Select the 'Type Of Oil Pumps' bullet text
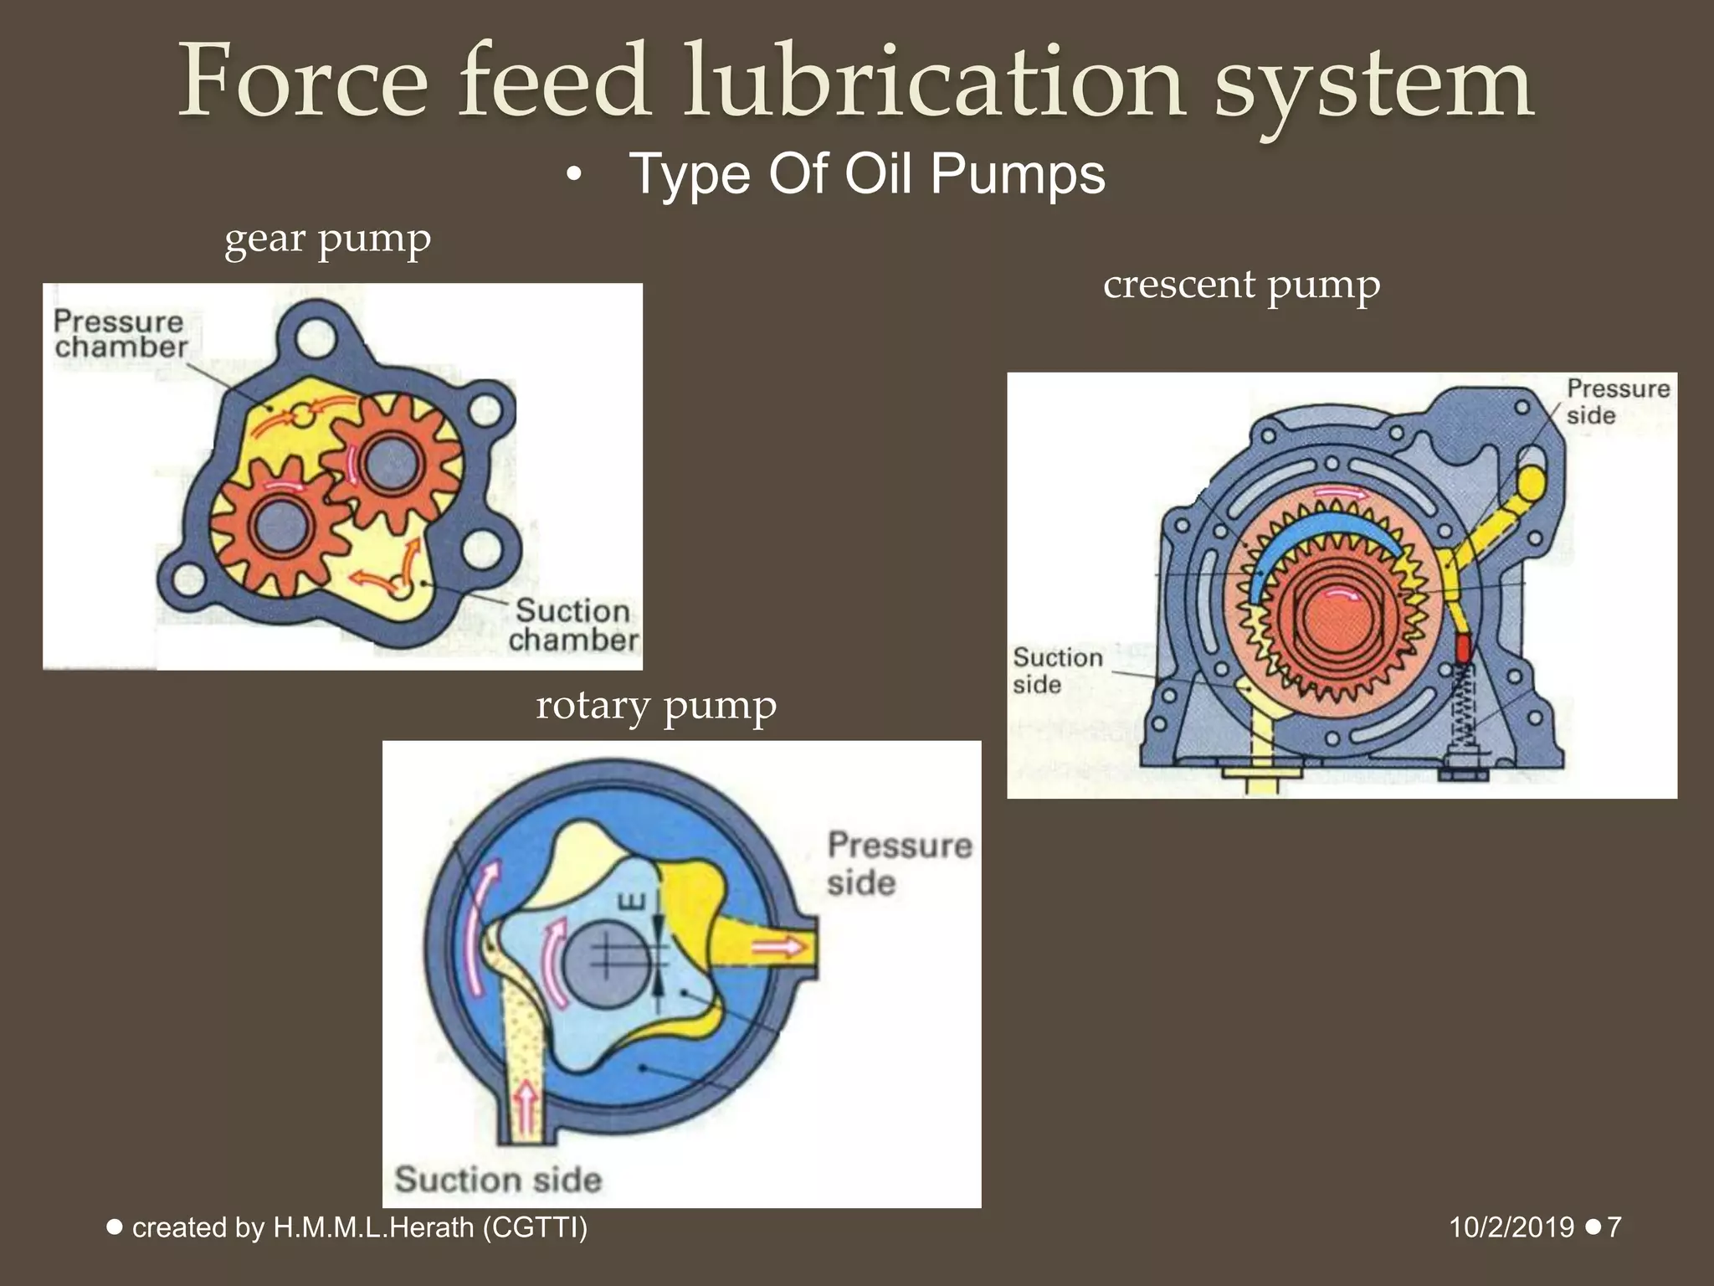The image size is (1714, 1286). pyautogui.click(x=866, y=174)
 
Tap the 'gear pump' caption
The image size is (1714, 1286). pyautogui.click(x=327, y=239)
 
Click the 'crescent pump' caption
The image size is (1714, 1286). pyautogui.click(x=1241, y=285)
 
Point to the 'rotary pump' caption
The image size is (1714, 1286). pyautogui.click(x=656, y=705)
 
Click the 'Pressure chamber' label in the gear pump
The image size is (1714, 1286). pyautogui.click(x=120, y=334)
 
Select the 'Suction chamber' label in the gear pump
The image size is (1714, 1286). pyautogui.click(x=573, y=625)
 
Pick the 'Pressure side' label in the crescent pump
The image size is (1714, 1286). pyautogui.click(x=1617, y=402)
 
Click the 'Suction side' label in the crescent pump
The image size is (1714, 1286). pyautogui.click(x=1057, y=671)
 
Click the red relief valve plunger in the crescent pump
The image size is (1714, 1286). pyautogui.click(x=1463, y=647)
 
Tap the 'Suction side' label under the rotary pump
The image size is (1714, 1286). pyautogui.click(x=498, y=1180)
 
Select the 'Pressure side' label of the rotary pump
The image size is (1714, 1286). pyautogui.click(x=899, y=863)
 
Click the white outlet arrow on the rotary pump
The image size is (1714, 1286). pyautogui.click(x=777, y=948)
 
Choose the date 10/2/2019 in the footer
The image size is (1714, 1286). pyautogui.click(x=1511, y=1227)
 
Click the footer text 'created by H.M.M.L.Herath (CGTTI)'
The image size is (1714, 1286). pyautogui.click(x=360, y=1227)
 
